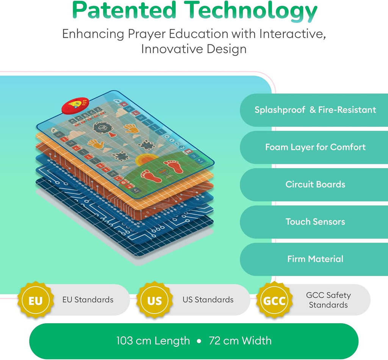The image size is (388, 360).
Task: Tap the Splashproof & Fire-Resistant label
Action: (x=315, y=110)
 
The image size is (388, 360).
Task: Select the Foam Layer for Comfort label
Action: (x=315, y=147)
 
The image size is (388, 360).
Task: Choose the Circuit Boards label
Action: (x=315, y=184)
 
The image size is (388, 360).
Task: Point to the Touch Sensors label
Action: (x=315, y=222)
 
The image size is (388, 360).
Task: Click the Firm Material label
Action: (x=315, y=259)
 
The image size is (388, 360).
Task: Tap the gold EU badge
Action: (x=36, y=300)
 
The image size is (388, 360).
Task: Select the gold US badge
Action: (x=155, y=300)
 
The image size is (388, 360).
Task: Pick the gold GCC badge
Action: (x=275, y=300)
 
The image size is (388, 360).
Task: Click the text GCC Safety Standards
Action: (x=328, y=300)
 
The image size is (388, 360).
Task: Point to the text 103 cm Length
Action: (x=153, y=341)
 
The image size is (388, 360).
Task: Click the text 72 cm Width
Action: (x=240, y=341)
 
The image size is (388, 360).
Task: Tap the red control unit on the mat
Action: (x=75, y=105)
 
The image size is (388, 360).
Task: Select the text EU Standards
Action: (x=88, y=300)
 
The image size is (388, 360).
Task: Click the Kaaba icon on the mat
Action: (x=101, y=127)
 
